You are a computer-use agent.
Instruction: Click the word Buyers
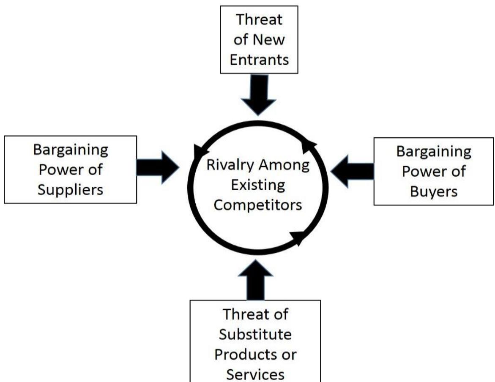pos(434,191)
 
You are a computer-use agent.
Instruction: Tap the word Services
pos(257,374)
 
